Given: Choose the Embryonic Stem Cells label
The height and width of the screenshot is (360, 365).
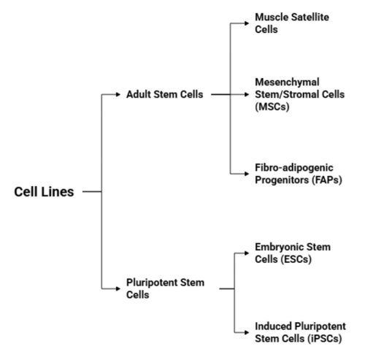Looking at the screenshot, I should point(292,253).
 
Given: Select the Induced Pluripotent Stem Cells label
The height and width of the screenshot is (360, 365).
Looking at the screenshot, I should point(300,332).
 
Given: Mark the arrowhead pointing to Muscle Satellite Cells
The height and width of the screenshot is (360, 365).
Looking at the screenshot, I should point(247,22).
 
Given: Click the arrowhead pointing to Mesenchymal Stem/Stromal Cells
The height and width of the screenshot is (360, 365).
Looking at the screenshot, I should point(247,94).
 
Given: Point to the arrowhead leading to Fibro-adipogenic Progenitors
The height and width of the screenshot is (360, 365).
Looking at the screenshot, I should point(247,174).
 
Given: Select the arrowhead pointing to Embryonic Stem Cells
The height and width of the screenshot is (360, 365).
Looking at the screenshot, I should point(247,253).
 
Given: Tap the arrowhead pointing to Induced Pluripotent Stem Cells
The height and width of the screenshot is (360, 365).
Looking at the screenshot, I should point(247,331).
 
